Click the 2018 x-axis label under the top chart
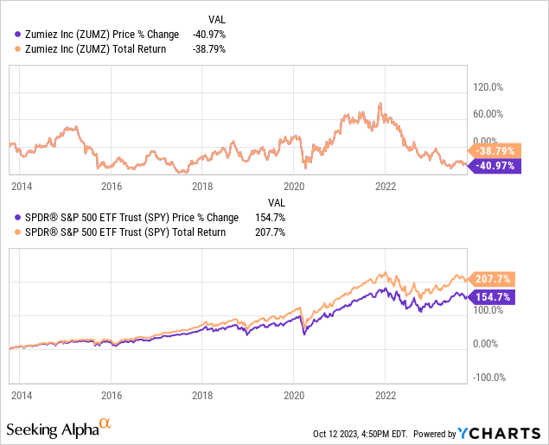[201, 186]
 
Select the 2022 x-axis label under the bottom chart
[385, 393]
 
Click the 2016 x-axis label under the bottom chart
[110, 393]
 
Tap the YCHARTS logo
[501, 432]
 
